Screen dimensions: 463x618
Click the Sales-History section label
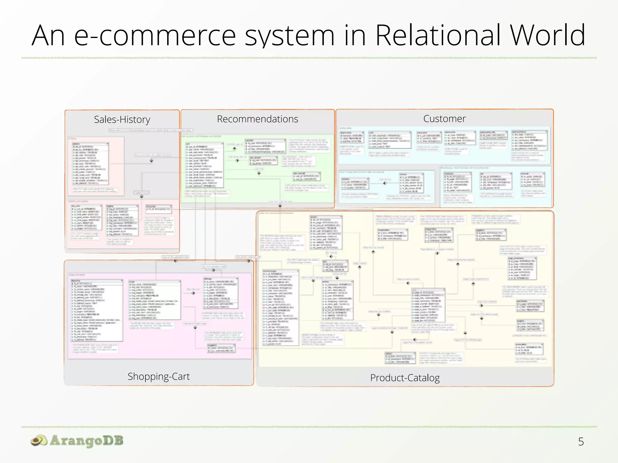click(x=122, y=120)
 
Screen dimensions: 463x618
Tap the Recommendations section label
click(x=257, y=119)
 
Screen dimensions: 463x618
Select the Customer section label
click(x=444, y=119)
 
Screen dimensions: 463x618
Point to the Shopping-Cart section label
click(x=158, y=376)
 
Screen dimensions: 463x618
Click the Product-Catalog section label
click(x=405, y=378)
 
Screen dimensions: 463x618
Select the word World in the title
click(x=547, y=36)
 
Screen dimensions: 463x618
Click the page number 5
click(x=581, y=442)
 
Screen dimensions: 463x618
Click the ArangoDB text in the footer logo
click(x=87, y=441)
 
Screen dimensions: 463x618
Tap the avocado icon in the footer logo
click(x=39, y=441)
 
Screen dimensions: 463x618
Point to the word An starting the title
click(x=48, y=36)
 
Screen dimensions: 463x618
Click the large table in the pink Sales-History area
click(x=90, y=164)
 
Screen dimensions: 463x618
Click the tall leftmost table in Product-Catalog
click(x=280, y=307)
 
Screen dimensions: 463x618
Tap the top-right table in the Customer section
click(x=529, y=140)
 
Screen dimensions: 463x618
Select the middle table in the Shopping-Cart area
click(x=154, y=300)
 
